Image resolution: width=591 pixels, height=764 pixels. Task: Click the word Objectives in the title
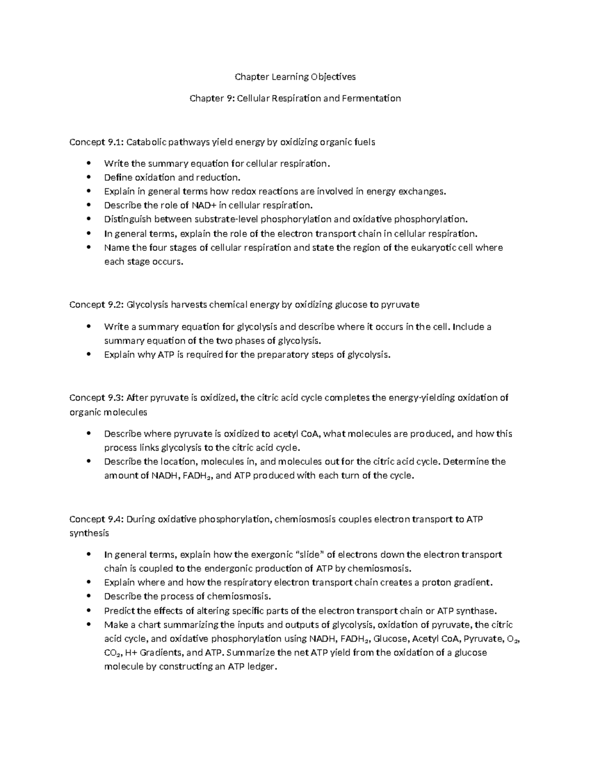(x=333, y=77)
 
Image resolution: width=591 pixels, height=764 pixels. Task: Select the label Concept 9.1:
(x=96, y=142)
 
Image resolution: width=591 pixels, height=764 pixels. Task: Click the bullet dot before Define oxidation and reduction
(x=89, y=178)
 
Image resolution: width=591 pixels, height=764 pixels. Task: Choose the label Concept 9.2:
(x=96, y=305)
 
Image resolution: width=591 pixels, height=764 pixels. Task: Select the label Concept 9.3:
(x=96, y=397)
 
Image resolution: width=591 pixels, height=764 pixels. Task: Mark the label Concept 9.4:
(x=96, y=519)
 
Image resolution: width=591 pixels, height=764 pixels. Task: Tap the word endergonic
(x=237, y=569)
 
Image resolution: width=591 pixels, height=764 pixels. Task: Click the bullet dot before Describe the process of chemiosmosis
(x=89, y=597)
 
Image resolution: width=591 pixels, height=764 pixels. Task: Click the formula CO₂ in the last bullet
(x=110, y=653)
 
